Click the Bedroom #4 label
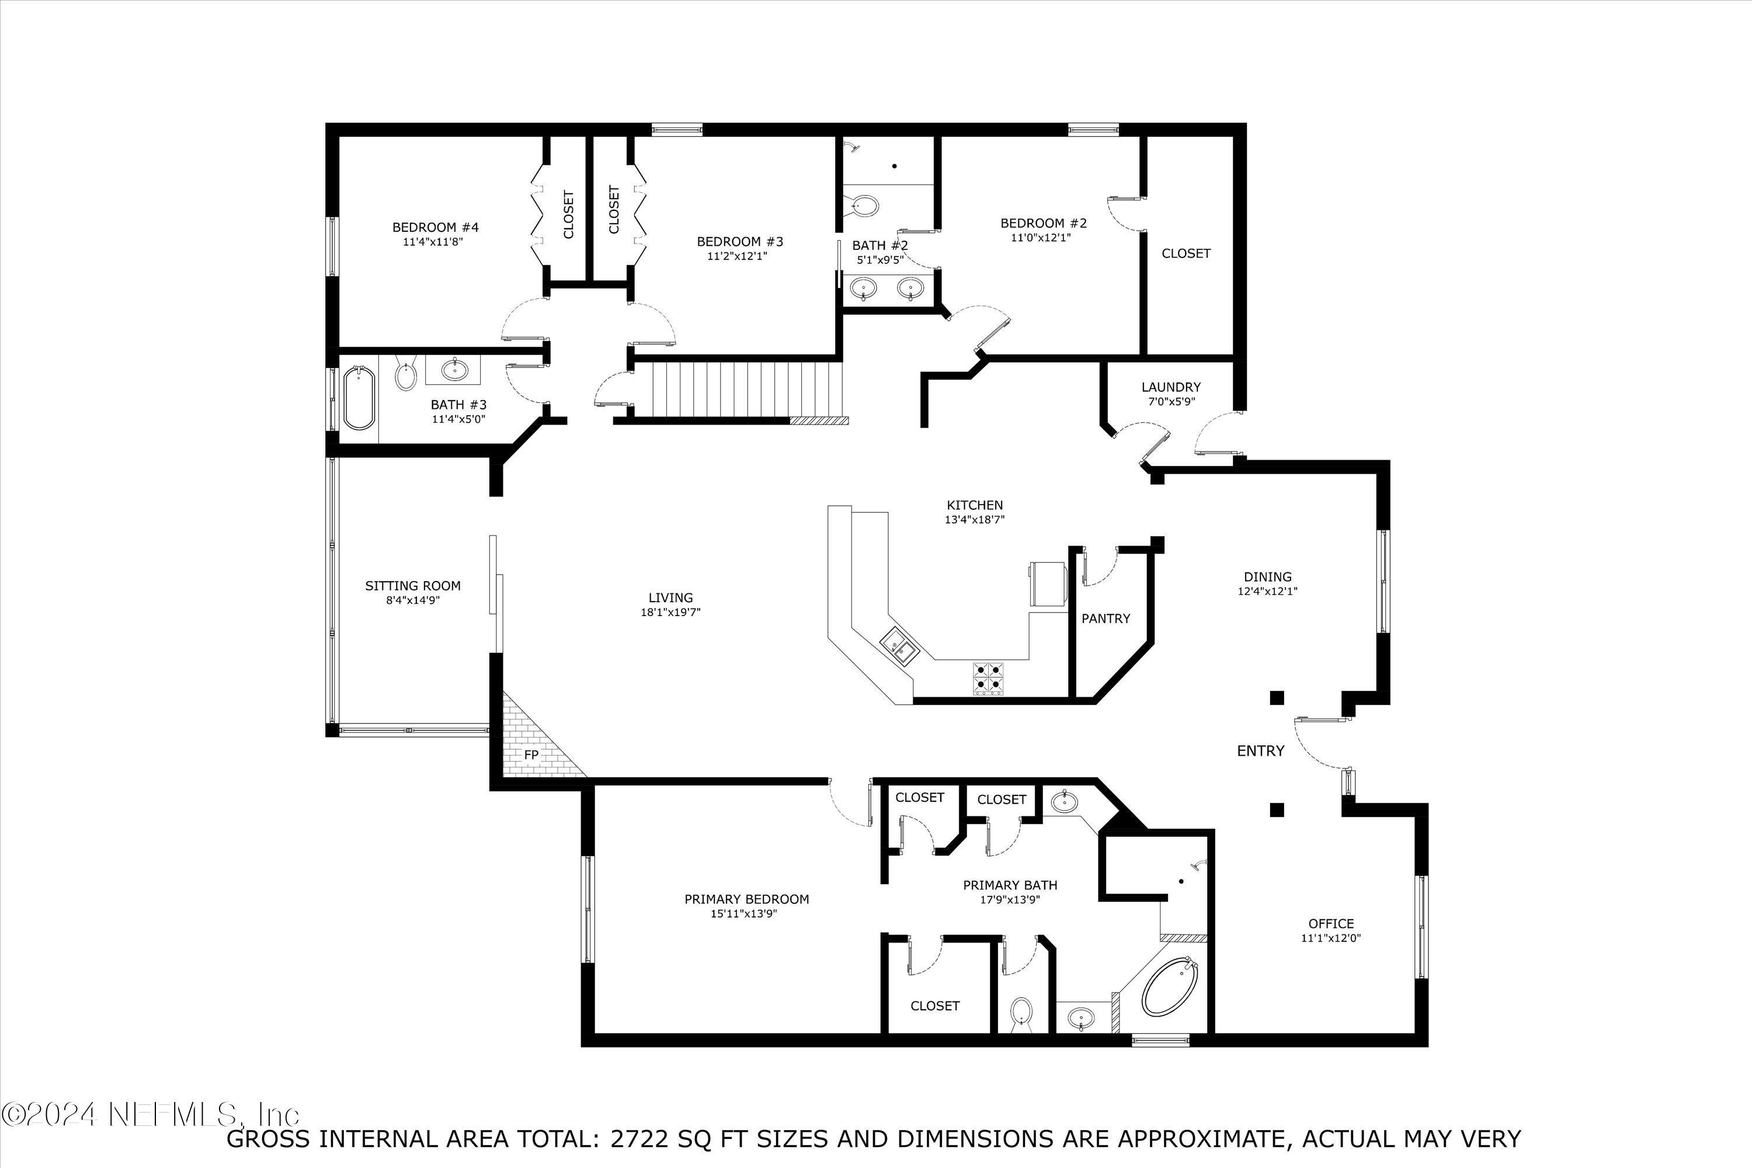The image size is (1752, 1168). (435, 227)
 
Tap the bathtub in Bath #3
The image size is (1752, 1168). (359, 398)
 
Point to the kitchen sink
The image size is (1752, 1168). (900, 646)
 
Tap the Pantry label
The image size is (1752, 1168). (1106, 618)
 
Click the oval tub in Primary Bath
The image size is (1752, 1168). (1170, 988)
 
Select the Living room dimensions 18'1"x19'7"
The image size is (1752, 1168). (670, 612)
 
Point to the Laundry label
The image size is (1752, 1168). (1170, 387)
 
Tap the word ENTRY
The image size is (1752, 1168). (1260, 751)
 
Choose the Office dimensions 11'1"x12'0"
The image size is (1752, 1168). (1330, 938)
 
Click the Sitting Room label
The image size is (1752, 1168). (413, 586)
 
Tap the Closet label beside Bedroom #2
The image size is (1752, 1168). (1186, 253)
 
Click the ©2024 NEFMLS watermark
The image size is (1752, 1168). (149, 1114)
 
